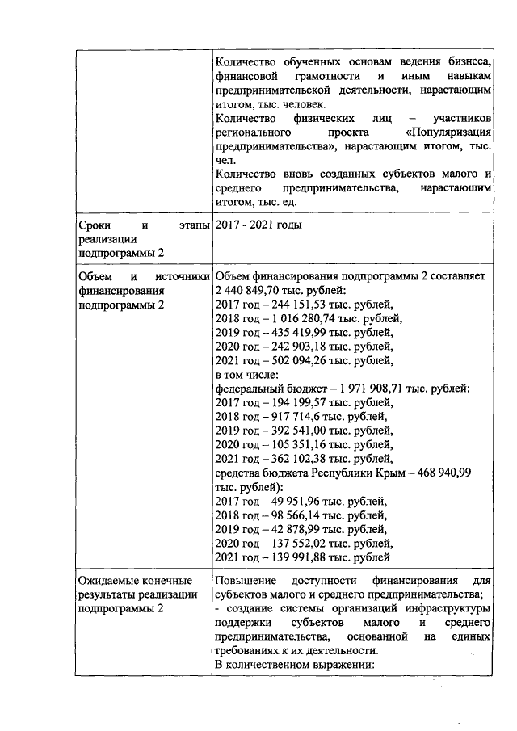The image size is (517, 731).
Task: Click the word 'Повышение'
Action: (246, 580)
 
